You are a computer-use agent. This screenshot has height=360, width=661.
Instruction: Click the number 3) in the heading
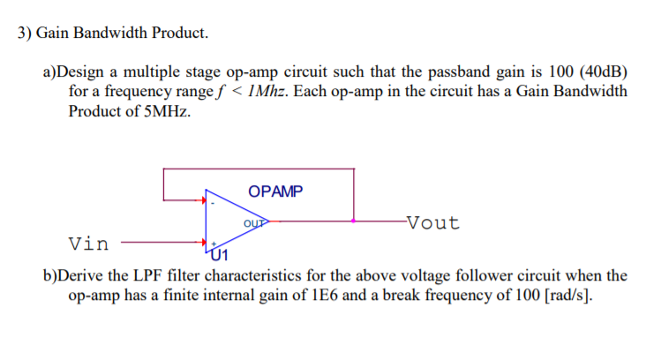[26, 34]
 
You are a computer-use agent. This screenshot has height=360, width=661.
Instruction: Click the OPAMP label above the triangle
[277, 191]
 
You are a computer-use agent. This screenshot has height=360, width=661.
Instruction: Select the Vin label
[89, 243]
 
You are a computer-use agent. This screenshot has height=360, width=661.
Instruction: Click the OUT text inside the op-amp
[254, 223]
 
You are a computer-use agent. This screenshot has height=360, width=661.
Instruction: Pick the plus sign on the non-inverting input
[213, 240]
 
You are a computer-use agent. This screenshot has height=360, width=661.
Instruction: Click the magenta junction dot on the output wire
[354, 221]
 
